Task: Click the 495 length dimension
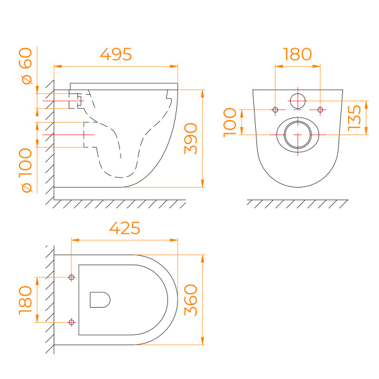116,54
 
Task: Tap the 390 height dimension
191,138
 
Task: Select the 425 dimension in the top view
124,228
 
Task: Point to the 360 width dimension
191,300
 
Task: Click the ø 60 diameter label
27,66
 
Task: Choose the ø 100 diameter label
27,171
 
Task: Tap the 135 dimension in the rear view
354,117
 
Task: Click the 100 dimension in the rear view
230,123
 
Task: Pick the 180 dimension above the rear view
298,54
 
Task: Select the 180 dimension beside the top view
25,300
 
